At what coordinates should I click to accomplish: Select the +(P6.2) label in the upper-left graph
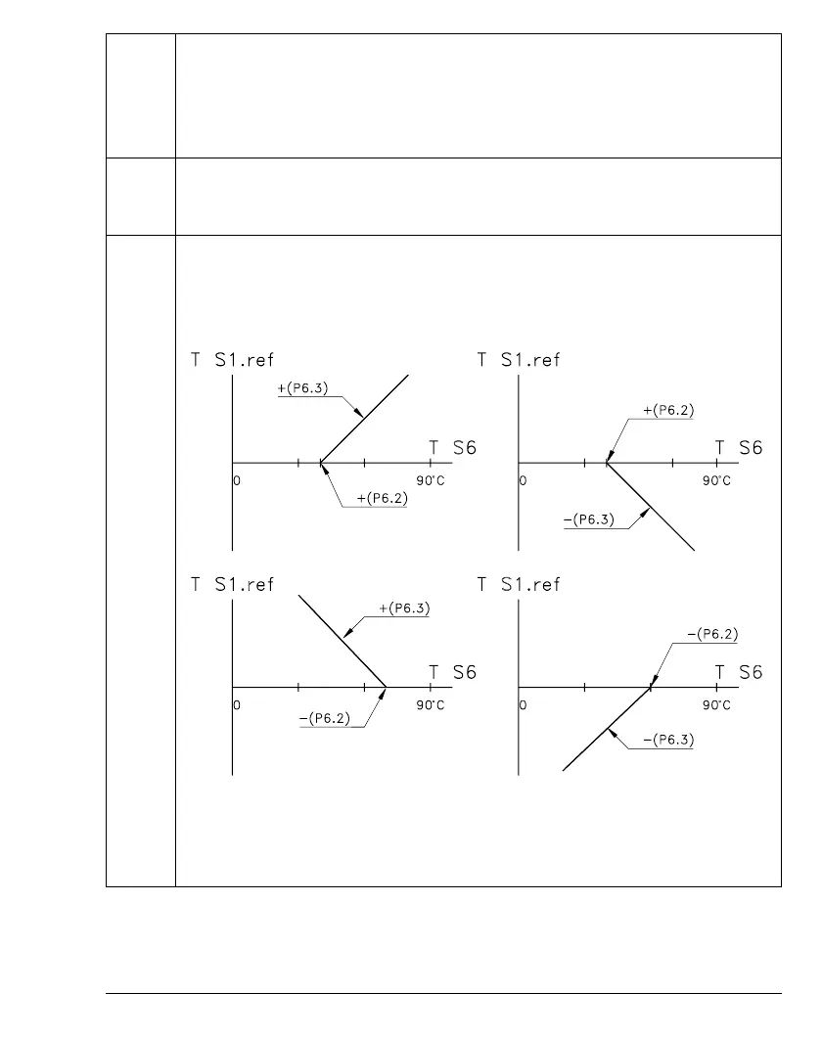383,498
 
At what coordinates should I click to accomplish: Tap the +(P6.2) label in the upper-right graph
668,411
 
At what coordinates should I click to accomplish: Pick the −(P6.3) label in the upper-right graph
590,519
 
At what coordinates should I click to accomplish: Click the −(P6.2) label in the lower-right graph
711,634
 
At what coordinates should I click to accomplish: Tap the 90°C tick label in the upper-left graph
431,481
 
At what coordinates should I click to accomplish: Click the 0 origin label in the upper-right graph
523,481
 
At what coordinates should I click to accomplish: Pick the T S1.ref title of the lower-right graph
519,584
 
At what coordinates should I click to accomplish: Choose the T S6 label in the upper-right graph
738,448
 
